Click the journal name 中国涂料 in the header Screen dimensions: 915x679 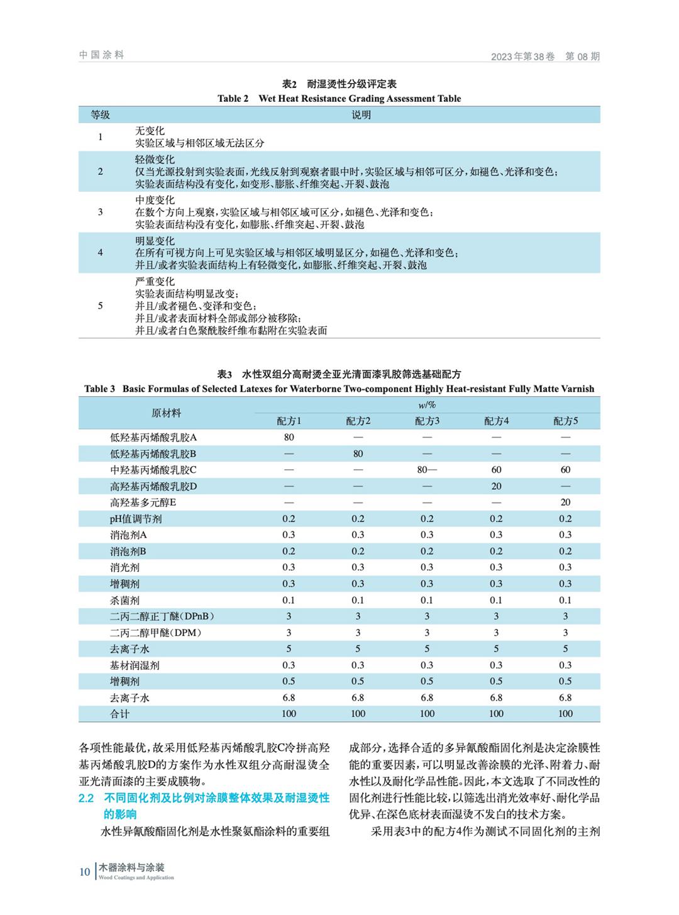[x=102, y=55]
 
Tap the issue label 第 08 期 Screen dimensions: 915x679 [x=582, y=57]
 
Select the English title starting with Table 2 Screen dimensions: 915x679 [x=339, y=99]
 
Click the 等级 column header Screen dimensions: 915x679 [x=101, y=114]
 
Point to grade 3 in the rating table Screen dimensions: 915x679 [x=101, y=212]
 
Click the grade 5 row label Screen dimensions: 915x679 [x=101, y=306]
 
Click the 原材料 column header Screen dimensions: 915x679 [x=166, y=413]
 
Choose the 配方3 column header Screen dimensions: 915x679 [x=427, y=421]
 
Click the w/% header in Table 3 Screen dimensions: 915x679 [x=427, y=405]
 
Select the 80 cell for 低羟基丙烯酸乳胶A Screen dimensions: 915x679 [x=289, y=438]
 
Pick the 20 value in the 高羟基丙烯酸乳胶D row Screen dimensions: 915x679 [x=496, y=486]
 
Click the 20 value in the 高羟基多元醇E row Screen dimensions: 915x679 [x=565, y=502]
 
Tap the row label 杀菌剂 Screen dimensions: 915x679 [x=125, y=600]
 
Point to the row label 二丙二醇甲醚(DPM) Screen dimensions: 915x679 [x=156, y=633]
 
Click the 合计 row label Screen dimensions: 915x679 [x=120, y=714]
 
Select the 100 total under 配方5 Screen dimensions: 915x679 [x=565, y=714]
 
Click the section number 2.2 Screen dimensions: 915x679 [x=87, y=799]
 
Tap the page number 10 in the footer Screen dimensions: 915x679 [x=85, y=872]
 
